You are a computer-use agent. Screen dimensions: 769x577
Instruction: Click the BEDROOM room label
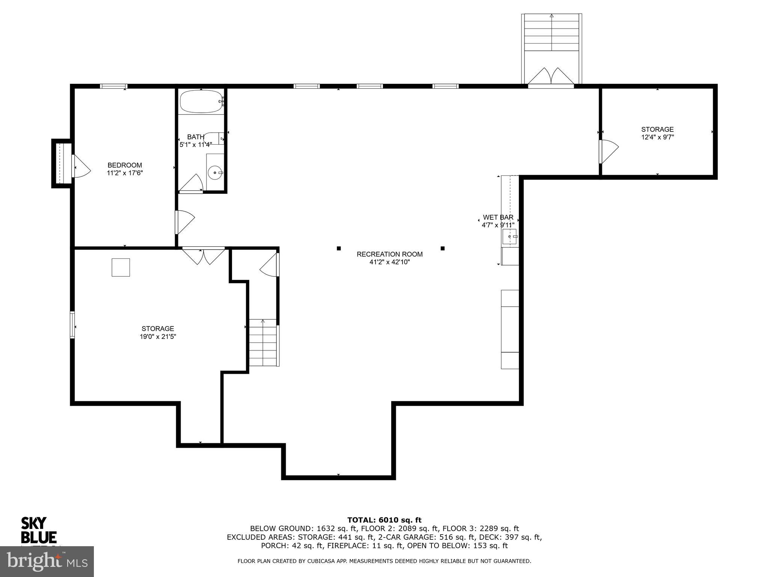(x=125, y=165)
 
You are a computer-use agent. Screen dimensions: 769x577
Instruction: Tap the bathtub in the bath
(x=202, y=101)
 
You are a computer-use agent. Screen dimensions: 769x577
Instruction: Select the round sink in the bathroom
(x=214, y=173)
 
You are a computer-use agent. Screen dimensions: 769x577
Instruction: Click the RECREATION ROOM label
(x=389, y=254)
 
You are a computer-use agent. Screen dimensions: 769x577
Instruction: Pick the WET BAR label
(x=498, y=217)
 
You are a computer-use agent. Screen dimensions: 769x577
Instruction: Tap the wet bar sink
(x=510, y=237)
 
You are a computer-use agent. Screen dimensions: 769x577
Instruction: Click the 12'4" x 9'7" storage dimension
(x=657, y=137)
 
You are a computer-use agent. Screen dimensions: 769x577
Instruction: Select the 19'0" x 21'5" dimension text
(x=158, y=337)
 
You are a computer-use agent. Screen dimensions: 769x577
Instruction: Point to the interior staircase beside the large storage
(x=264, y=343)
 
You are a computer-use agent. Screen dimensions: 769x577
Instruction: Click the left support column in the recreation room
(x=339, y=248)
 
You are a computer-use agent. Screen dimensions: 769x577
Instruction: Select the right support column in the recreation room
(x=443, y=248)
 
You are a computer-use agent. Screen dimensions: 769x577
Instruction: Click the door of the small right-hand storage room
(x=608, y=152)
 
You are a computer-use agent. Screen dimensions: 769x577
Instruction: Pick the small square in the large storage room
(x=121, y=267)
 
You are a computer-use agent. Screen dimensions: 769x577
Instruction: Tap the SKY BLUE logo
(x=39, y=530)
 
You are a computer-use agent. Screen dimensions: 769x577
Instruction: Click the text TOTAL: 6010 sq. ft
(x=384, y=520)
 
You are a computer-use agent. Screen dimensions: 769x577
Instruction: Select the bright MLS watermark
(x=47, y=561)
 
